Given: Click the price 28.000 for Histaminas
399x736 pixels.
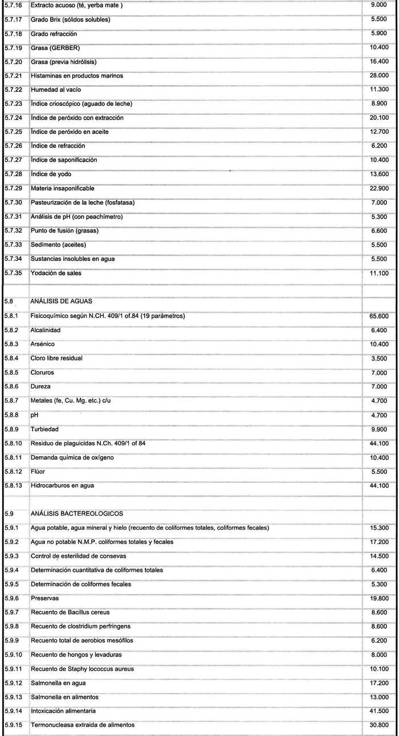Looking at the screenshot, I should (x=379, y=75).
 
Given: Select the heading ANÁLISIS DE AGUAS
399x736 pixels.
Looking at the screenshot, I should (x=61, y=301).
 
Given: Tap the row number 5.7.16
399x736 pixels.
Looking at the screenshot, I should (x=13, y=5).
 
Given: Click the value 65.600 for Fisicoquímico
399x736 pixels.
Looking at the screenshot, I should (x=379, y=316).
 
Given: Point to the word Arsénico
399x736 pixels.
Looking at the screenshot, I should (x=43, y=344).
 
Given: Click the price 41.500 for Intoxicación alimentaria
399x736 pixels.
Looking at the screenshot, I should (x=379, y=711).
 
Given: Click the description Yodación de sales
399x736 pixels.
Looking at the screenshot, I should (x=56, y=273).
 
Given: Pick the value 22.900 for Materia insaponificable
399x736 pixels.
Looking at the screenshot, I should (x=379, y=188).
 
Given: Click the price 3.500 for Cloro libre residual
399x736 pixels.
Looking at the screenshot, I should (x=380, y=358).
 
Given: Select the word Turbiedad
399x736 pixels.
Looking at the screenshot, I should (x=45, y=428).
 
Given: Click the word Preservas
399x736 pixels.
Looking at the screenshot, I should (x=44, y=598).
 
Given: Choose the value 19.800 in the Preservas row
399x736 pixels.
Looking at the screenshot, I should (x=379, y=598).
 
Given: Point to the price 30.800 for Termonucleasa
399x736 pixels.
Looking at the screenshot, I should (x=379, y=725).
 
